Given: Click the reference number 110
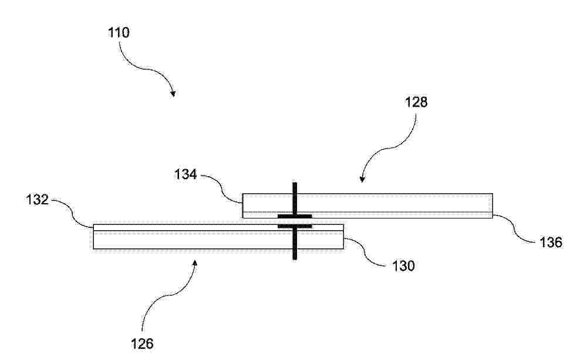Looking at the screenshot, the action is (119, 32).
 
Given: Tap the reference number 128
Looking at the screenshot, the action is (416, 102).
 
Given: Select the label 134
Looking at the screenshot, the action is (185, 174).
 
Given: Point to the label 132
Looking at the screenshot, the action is (38, 200).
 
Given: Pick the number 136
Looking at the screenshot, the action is (551, 243).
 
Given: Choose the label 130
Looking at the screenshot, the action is (403, 265).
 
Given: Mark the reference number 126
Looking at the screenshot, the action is (142, 343).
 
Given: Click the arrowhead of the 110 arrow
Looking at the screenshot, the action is (173, 93).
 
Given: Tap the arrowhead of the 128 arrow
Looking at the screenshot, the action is (362, 180).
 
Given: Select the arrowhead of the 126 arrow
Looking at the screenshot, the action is (195, 264).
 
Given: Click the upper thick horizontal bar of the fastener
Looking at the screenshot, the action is (295, 216).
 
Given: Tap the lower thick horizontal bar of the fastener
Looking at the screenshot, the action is (295, 226).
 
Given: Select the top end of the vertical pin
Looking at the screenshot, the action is (295, 183).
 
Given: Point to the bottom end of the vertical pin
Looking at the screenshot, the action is (295, 259).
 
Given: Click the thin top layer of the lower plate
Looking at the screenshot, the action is (218, 227).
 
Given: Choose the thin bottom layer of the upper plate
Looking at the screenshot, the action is (367, 215).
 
